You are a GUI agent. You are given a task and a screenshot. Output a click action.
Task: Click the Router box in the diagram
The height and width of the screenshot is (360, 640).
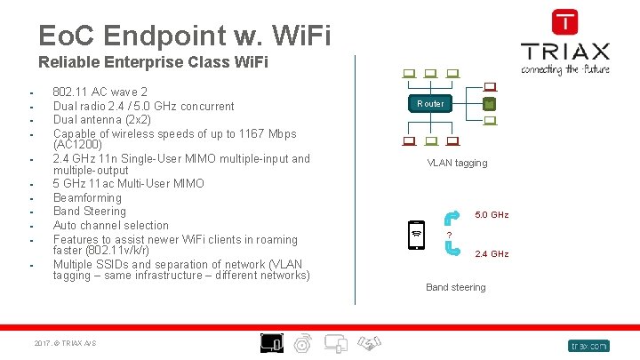tap(430, 104)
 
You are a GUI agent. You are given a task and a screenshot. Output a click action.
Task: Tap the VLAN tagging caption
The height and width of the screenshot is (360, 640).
tap(457, 164)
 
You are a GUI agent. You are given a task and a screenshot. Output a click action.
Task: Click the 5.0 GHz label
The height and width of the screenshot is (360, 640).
tap(492, 215)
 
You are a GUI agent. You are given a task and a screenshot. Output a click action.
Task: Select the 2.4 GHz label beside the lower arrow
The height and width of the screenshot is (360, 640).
tap(492, 254)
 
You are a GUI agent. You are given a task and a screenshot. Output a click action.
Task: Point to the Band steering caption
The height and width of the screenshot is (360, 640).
tap(455, 287)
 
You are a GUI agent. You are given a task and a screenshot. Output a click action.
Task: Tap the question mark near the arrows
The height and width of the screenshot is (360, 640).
tap(450, 235)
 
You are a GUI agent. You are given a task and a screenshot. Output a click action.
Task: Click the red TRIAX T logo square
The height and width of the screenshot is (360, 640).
tap(564, 22)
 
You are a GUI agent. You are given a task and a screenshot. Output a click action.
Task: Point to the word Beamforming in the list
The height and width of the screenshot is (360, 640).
tap(87, 197)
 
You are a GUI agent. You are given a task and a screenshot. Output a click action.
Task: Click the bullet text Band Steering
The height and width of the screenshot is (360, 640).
tap(90, 212)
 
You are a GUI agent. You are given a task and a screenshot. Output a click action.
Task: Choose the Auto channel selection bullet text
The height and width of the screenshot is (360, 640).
tap(111, 226)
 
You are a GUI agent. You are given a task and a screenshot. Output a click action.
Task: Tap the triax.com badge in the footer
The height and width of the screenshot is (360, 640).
tap(588, 345)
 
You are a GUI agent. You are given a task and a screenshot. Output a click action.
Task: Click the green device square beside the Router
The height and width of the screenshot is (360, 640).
tap(488, 104)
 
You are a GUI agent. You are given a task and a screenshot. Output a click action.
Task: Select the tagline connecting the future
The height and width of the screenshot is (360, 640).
tap(564, 69)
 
